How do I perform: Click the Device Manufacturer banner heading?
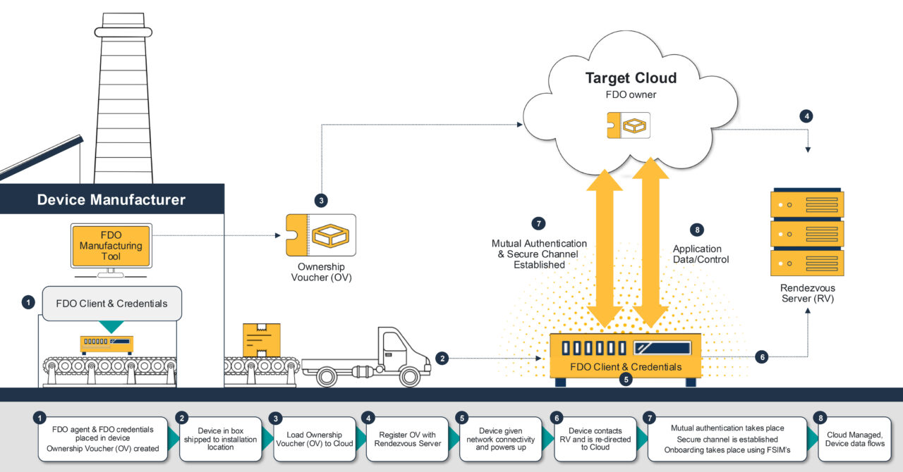pyautogui.click(x=111, y=199)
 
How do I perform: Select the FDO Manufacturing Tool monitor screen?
pyautogui.click(x=111, y=246)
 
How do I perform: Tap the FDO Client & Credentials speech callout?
pyautogui.click(x=111, y=304)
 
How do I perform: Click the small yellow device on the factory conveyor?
pyautogui.click(x=107, y=344)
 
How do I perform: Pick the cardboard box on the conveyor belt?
pyautogui.click(x=261, y=340)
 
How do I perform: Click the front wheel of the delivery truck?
pyautogui.click(x=410, y=376)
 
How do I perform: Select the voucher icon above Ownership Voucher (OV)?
pyautogui.click(x=321, y=235)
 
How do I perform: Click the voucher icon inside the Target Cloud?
pyautogui.click(x=628, y=124)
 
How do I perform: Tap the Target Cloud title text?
pyautogui.click(x=631, y=78)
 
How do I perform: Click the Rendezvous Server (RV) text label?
pyautogui.click(x=807, y=294)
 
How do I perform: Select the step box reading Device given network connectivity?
pyautogui.click(x=500, y=439)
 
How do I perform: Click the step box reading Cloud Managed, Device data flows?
pyautogui.click(x=854, y=439)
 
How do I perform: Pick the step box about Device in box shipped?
pyautogui.click(x=220, y=439)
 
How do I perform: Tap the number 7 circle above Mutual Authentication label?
pyautogui.click(x=539, y=224)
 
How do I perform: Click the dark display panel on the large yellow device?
pyautogui.click(x=661, y=347)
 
